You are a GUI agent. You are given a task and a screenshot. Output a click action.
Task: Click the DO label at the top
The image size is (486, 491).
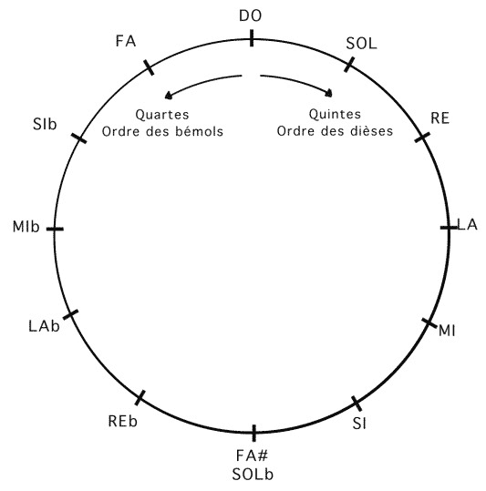[250, 16]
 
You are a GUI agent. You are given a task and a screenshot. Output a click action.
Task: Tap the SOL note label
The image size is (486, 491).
[361, 44]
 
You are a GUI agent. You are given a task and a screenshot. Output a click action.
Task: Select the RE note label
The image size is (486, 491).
[439, 118]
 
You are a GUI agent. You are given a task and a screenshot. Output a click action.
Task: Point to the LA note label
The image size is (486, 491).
[467, 225]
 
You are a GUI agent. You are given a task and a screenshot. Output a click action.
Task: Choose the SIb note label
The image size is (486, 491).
[45, 124]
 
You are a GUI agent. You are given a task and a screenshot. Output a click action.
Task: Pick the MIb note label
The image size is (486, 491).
[26, 227]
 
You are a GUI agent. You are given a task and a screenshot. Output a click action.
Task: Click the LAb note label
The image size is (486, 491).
[44, 326]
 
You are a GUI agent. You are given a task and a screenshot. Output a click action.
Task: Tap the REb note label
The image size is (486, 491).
[123, 421]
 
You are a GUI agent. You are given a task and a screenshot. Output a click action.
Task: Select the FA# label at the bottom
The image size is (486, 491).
[252, 455]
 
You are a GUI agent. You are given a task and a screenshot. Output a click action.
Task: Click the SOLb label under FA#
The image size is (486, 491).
[253, 475]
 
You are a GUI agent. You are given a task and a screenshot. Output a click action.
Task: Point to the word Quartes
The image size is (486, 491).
[162, 115]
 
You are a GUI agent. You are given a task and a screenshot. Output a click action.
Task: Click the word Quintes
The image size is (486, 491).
[335, 114]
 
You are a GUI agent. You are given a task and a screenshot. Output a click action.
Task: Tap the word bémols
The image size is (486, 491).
[199, 131]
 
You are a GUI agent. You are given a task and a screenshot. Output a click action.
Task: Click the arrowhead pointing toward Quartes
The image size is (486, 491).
[169, 96]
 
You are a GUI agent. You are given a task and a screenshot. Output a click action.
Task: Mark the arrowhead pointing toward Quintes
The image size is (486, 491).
[329, 93]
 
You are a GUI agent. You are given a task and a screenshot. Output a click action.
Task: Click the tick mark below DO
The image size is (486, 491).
[252, 38]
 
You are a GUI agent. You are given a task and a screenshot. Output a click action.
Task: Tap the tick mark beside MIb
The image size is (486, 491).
[55, 230]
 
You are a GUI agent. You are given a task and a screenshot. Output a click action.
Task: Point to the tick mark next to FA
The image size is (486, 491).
[149, 67]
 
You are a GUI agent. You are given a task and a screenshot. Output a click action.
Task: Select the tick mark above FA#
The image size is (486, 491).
[253, 433]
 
